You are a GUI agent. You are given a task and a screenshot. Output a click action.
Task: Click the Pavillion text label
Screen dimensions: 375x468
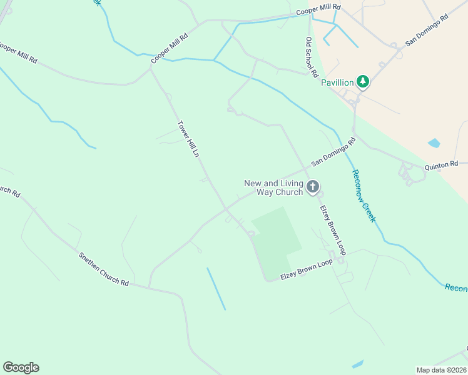coord(337,82)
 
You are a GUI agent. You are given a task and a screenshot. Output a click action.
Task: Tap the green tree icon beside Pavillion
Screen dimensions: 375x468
coord(362,81)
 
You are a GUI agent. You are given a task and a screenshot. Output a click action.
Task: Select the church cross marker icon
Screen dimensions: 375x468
coord(313,186)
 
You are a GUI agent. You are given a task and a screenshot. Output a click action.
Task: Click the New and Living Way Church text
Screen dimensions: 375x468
coord(273,187)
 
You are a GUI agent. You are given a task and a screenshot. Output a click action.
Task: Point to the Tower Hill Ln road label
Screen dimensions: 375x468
coord(188,138)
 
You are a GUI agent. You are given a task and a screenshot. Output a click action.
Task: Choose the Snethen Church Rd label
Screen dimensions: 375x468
coord(103,269)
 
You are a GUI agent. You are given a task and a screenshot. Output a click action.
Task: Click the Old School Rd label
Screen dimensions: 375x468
coord(311,56)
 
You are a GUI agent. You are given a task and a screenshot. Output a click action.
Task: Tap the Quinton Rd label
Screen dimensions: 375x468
coord(442,165)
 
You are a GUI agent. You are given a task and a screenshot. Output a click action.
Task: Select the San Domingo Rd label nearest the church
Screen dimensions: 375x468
coord(333,151)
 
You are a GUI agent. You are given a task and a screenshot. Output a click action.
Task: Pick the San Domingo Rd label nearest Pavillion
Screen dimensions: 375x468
coord(427,30)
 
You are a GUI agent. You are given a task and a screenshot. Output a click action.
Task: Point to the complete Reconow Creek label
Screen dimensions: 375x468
coord(363,196)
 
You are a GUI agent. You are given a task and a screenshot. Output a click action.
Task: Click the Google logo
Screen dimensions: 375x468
coord(21,367)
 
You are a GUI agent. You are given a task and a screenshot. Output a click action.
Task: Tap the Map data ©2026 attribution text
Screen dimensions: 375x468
coord(441,369)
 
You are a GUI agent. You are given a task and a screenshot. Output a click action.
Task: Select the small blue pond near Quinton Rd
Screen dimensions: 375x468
coord(434,143)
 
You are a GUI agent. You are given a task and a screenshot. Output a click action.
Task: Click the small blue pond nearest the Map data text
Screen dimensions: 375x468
coord(358,364)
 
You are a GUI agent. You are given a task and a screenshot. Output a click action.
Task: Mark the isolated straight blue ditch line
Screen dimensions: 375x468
coord(216,289)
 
